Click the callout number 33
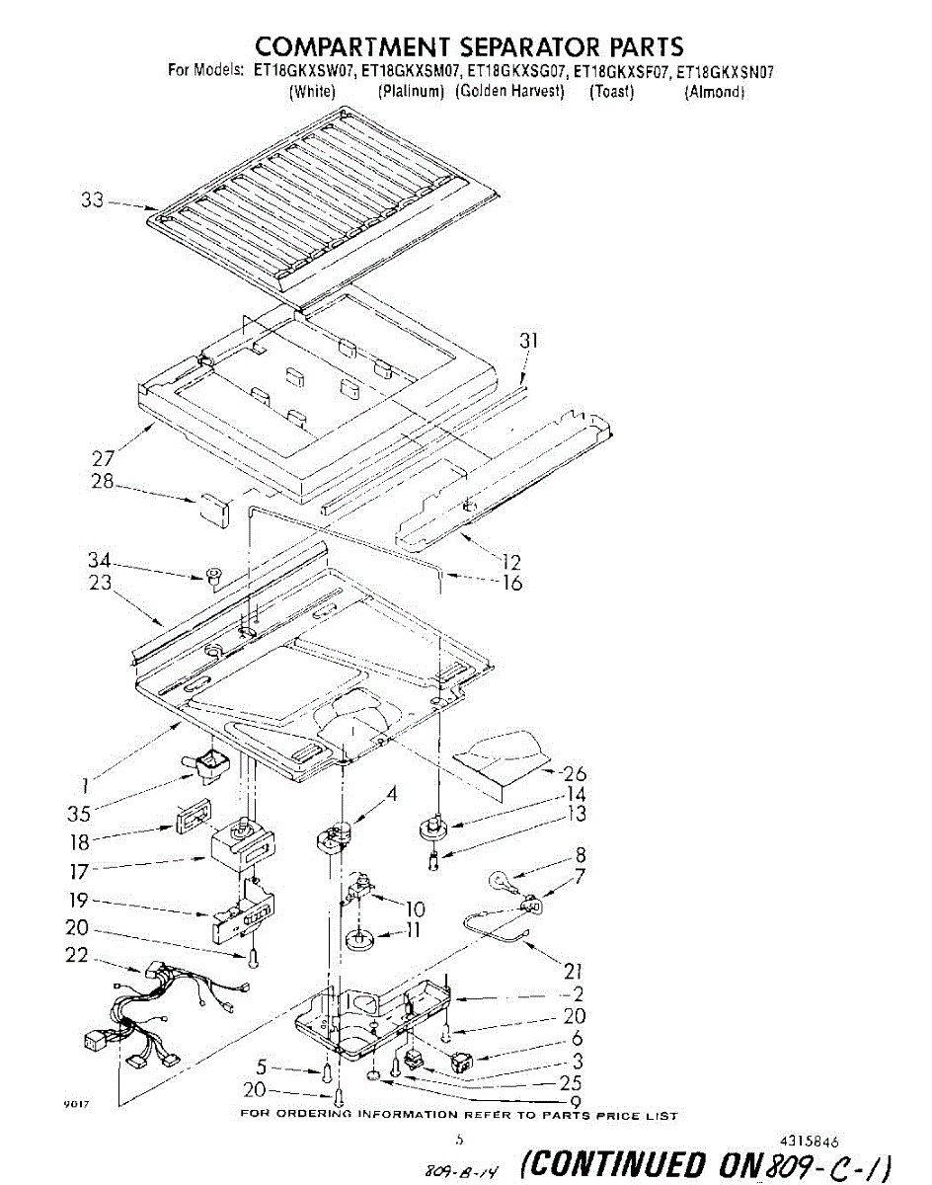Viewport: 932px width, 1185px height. click(x=92, y=199)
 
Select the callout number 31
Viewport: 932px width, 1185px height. click(x=530, y=341)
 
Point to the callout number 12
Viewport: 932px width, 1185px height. click(x=510, y=563)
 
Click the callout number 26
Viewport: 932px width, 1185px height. click(x=575, y=774)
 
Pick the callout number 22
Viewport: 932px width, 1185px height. click(x=76, y=956)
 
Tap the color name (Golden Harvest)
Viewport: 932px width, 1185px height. click(x=509, y=92)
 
